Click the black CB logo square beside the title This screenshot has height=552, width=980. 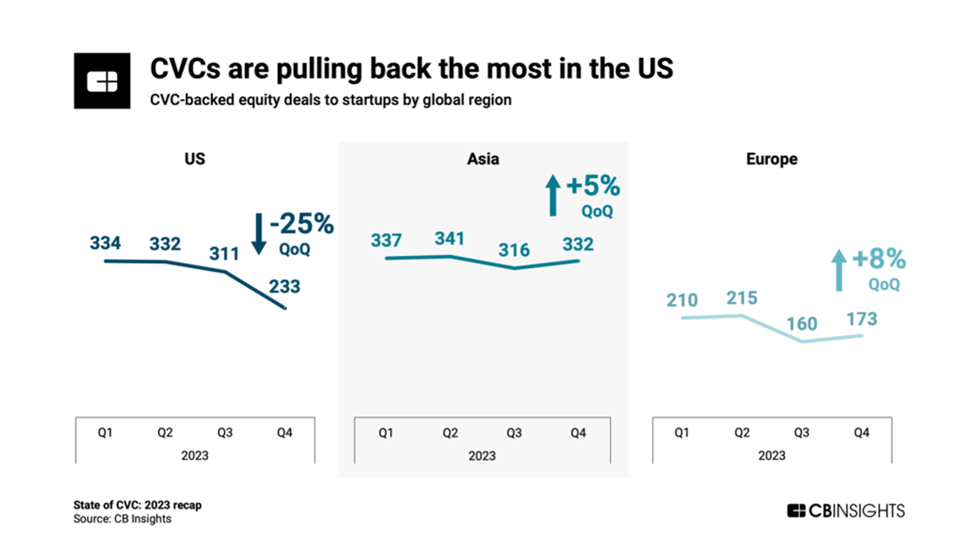tap(102, 81)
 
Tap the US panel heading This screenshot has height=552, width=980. tap(195, 159)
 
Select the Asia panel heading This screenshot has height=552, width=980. tap(483, 159)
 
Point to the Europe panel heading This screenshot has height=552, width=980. tap(771, 160)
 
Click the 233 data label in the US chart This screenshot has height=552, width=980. tap(284, 287)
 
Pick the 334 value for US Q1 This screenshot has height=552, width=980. tap(106, 243)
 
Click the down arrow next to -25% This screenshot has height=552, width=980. tap(259, 234)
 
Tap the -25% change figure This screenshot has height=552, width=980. tap(302, 223)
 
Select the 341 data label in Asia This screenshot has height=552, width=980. tap(449, 239)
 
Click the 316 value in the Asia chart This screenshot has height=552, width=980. tap(514, 250)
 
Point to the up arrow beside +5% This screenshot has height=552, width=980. tap(553, 195)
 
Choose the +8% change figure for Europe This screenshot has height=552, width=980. tap(879, 258)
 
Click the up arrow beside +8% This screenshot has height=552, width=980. tap(839, 270)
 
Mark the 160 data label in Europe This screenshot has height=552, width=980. tap(802, 324)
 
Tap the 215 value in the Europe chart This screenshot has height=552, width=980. tap(742, 298)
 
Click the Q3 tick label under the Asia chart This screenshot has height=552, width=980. tap(514, 433)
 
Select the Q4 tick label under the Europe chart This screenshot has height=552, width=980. tap(862, 432)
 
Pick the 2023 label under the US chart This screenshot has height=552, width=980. tap(195, 455)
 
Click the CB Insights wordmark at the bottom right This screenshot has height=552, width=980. tap(846, 511)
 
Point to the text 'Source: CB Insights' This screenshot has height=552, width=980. tap(122, 518)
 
